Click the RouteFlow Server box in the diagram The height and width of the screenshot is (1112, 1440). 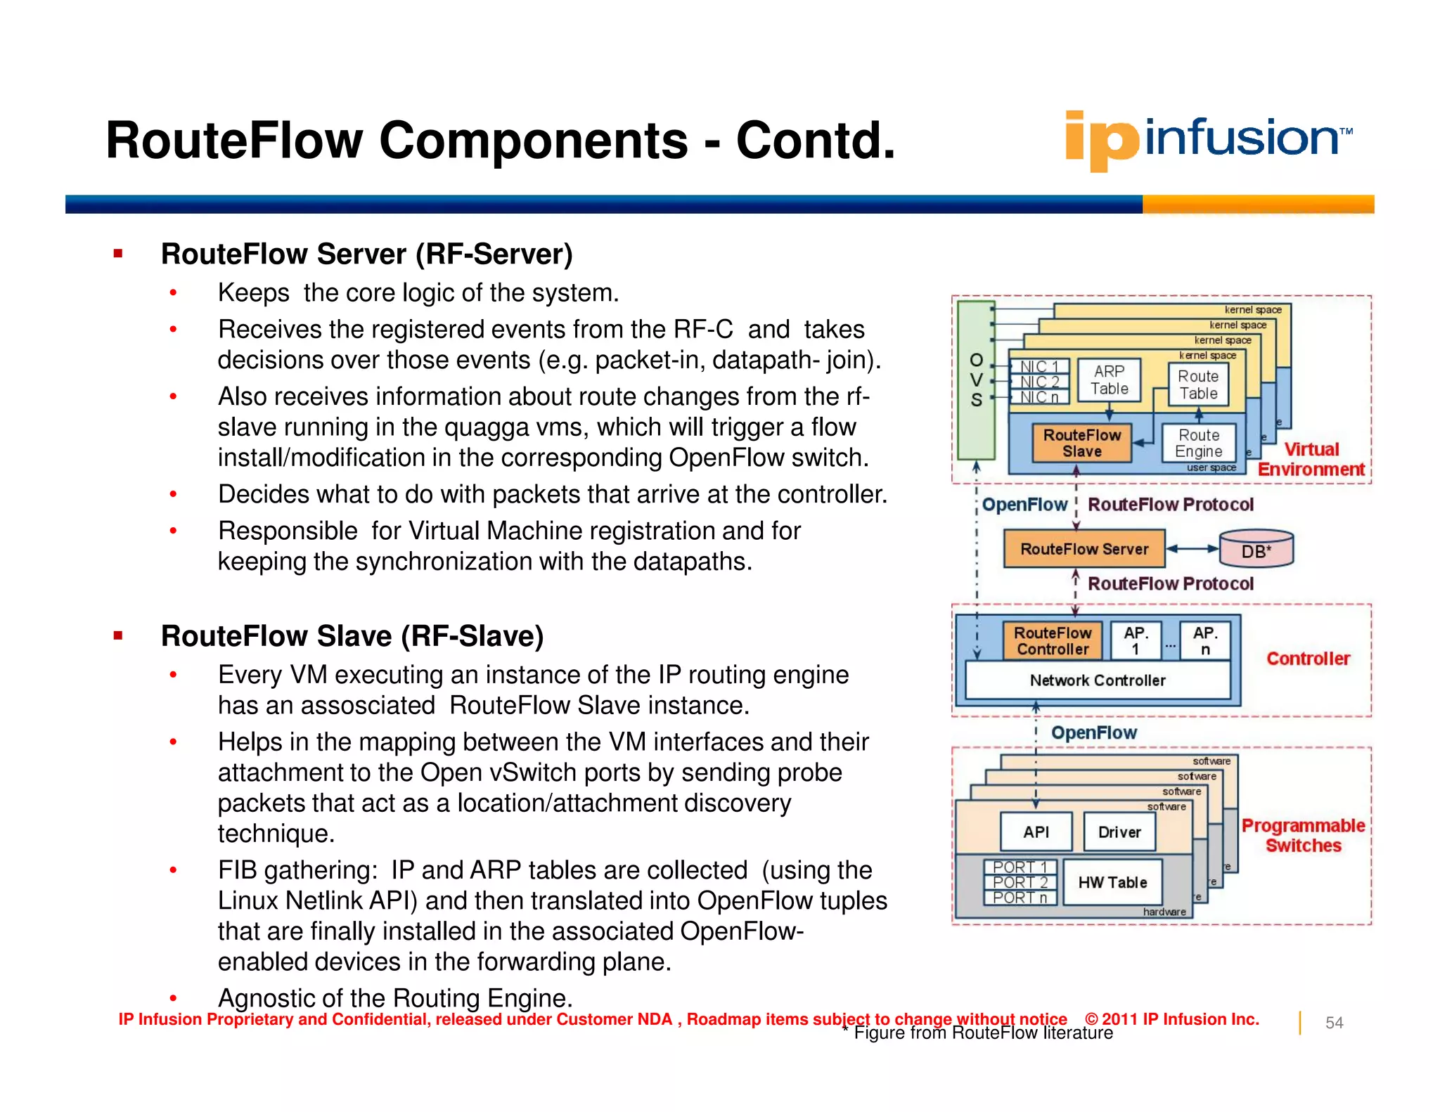coord(1084,549)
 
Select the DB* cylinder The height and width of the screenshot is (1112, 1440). coord(1256,549)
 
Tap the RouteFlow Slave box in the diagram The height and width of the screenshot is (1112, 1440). coord(1081,444)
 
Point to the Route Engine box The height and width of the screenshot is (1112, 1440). coord(1198,444)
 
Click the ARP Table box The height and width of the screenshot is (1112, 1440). coord(1109,380)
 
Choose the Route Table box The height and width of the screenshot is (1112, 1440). coord(1198,384)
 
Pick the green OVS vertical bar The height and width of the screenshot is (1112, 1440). coord(976,380)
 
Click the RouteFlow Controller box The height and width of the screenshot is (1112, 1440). coord(1052,641)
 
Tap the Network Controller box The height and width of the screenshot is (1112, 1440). coord(1097,680)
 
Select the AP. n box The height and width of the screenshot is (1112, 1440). coord(1204,641)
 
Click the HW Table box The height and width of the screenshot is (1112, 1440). coord(1112,882)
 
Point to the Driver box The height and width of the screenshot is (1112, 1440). coord(1119,832)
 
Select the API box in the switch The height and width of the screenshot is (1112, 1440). coord(1036,832)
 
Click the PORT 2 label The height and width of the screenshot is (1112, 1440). coord(1020,882)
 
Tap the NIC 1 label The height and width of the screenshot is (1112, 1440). coord(1039,367)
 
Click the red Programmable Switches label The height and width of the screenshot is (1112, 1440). coord(1303,835)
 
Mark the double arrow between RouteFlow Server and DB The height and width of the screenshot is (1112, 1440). coord(1192,549)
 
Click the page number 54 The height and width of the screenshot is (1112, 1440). coord(1334,1023)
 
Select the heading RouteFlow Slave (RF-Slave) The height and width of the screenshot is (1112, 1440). coord(352,636)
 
